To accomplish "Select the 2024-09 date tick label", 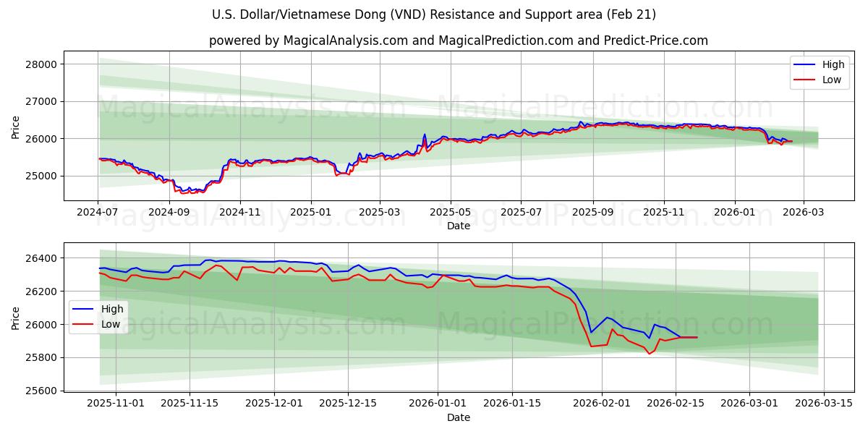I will point(169,213).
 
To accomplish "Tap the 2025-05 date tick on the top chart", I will point(451,213).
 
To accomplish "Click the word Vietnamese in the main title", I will point(354,14).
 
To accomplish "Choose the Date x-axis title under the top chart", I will point(458,226).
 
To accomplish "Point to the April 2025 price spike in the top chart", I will point(425,135).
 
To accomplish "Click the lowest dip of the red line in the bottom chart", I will point(649,354).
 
